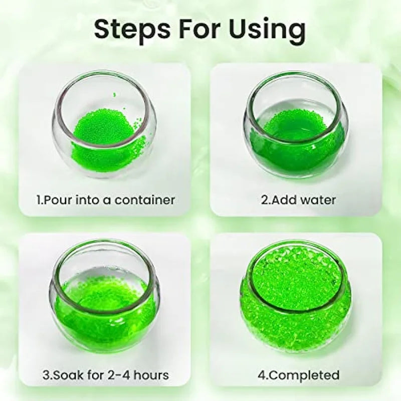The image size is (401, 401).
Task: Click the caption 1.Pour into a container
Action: pyautogui.click(x=106, y=200)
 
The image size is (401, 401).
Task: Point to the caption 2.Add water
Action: pyautogui.click(x=298, y=199)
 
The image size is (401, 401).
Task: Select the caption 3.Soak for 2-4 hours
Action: pyautogui.click(x=106, y=375)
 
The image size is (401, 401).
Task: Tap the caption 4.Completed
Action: pyautogui.click(x=298, y=375)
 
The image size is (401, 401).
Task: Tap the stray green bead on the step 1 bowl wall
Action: pyautogui.click(x=114, y=95)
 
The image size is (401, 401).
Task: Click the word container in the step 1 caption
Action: pyautogui.click(x=145, y=200)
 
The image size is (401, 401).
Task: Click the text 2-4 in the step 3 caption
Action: pyautogui.click(x=119, y=375)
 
